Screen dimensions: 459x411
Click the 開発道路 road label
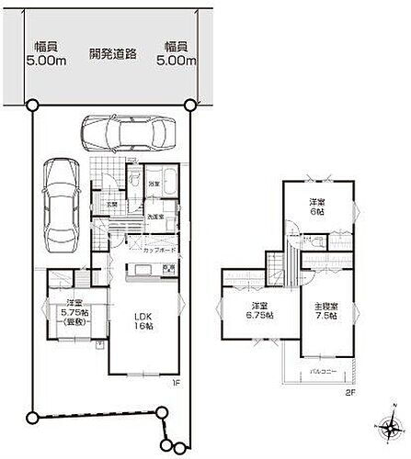(x=113, y=53)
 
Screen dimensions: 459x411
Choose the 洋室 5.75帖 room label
(x=68, y=314)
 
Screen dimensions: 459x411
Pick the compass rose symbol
(x=386, y=429)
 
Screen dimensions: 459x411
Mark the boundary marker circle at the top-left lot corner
(x=34, y=105)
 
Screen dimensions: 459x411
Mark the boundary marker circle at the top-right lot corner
(x=190, y=105)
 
